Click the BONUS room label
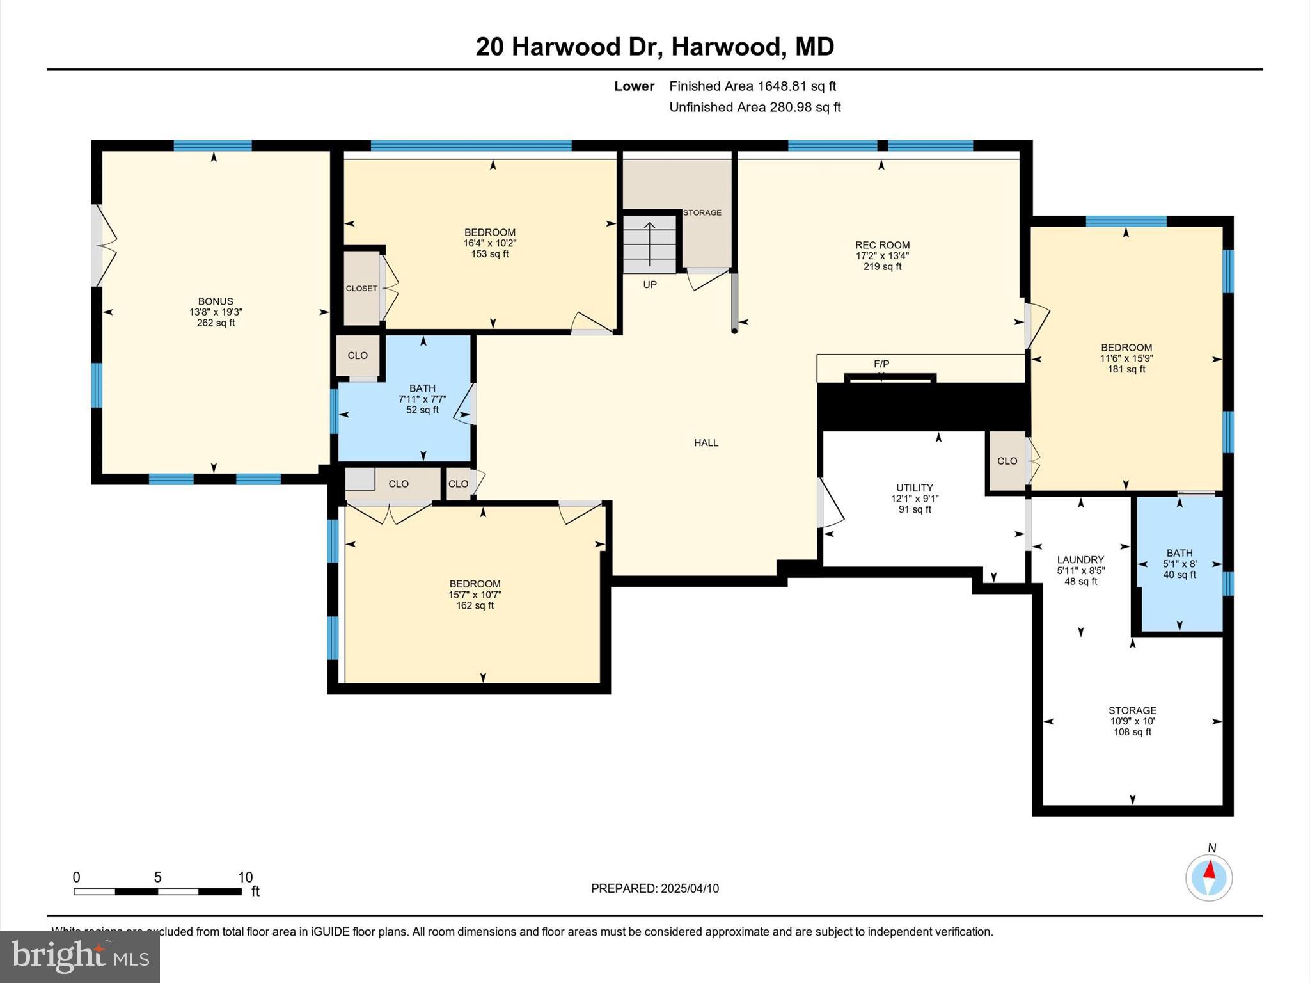pyautogui.click(x=216, y=301)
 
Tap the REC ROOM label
pyautogui.click(x=882, y=245)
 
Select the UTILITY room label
pyautogui.click(x=914, y=488)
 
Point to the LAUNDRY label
pyautogui.click(x=1080, y=559)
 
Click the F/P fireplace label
pyautogui.click(x=881, y=364)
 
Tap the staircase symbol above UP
pyautogui.click(x=650, y=244)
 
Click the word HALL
pyautogui.click(x=706, y=443)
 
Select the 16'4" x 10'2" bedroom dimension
pyautogui.click(x=489, y=243)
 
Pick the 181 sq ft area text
pyautogui.click(x=1126, y=369)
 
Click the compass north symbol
pyautogui.click(x=1209, y=877)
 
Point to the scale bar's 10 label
pyautogui.click(x=246, y=877)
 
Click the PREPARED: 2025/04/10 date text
pyautogui.click(x=654, y=888)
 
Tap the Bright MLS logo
pyautogui.click(x=80, y=956)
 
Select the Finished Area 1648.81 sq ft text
pyautogui.click(x=752, y=86)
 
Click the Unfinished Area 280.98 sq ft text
pyautogui.click(x=755, y=107)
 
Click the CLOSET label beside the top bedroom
pyautogui.click(x=361, y=289)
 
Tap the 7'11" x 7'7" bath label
pyautogui.click(x=422, y=399)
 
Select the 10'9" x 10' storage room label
pyautogui.click(x=1132, y=721)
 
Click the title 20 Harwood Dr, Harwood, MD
pyautogui.click(x=654, y=47)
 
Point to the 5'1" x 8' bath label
pyautogui.click(x=1179, y=564)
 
